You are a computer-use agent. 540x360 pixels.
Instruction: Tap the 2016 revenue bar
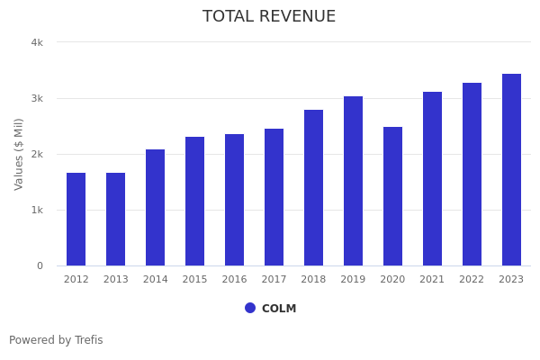(234, 200)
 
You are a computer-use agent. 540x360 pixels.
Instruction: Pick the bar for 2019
(353, 181)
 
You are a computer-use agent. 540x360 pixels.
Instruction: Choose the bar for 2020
(392, 196)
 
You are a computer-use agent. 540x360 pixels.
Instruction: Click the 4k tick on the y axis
(37, 42)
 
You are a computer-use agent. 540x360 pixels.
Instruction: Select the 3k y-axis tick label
(37, 98)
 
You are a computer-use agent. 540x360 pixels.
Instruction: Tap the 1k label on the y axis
(37, 210)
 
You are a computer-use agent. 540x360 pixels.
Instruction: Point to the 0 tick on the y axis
(40, 265)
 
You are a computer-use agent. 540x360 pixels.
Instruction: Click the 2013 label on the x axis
(115, 279)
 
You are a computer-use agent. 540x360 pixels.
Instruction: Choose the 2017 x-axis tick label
(274, 279)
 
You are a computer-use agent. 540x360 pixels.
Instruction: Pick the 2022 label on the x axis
(472, 279)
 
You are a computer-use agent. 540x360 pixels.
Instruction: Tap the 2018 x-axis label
(313, 279)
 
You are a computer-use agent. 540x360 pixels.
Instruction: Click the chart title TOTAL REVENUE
(269, 17)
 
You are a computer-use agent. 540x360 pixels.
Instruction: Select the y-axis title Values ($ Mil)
(19, 154)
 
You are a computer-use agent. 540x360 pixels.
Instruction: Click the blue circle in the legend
(250, 308)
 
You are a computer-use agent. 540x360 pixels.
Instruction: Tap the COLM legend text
(279, 309)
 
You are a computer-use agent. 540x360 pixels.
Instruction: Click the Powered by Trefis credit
(56, 340)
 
